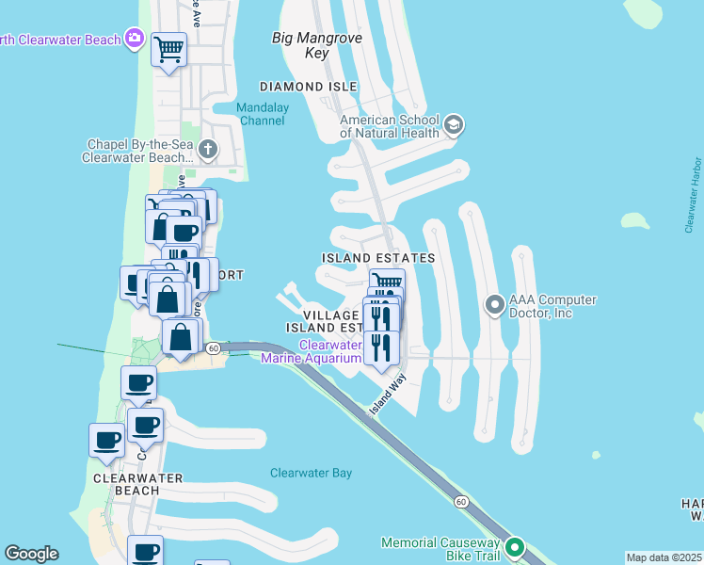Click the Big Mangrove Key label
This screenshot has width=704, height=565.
pyautogui.click(x=300, y=45)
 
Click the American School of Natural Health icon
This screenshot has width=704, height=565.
pyautogui.click(x=454, y=125)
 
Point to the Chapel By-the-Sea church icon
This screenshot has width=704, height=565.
pyautogui.click(x=208, y=150)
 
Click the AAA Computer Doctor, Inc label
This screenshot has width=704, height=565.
pyautogui.click(x=552, y=306)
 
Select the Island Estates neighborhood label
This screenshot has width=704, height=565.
pyautogui.click(x=378, y=257)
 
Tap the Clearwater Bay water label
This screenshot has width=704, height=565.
pyautogui.click(x=311, y=473)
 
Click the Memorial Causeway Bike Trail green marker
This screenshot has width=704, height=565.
pyautogui.click(x=514, y=547)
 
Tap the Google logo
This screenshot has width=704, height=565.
pyautogui.click(x=31, y=554)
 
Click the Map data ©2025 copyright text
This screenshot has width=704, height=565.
pyautogui.click(x=664, y=557)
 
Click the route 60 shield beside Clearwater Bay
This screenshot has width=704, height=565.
pyautogui.click(x=460, y=502)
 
